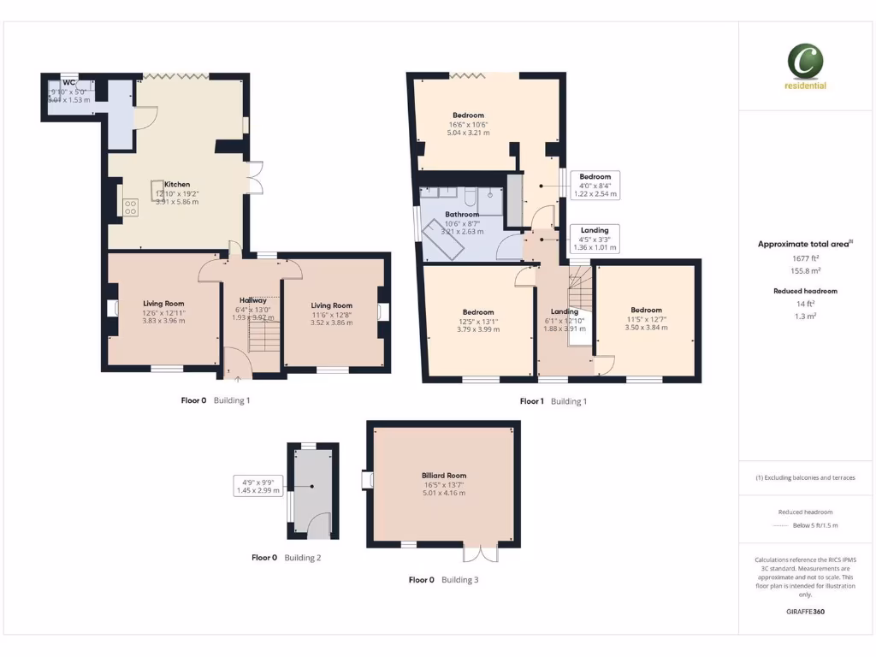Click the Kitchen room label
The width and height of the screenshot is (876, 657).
(x=177, y=185)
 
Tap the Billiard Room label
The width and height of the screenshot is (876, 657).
(x=443, y=475)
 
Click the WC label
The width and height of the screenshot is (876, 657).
(x=69, y=83)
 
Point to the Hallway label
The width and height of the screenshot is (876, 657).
(x=253, y=300)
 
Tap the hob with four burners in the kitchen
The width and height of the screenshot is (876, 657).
(x=131, y=207)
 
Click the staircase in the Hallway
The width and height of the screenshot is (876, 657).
(x=264, y=340)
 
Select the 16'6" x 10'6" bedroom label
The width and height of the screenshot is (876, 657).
(x=468, y=115)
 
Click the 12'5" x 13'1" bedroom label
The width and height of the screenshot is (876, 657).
(x=477, y=312)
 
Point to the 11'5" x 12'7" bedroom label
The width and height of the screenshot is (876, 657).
(x=646, y=311)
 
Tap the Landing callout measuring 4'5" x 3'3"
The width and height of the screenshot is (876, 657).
(x=595, y=239)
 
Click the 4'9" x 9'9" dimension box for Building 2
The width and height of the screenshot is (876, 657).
(x=257, y=485)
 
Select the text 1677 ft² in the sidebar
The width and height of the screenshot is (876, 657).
(x=805, y=257)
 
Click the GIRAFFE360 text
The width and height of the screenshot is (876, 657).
(x=805, y=612)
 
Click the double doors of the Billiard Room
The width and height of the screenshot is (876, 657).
(x=480, y=553)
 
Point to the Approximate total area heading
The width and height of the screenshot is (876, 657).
(x=805, y=244)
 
